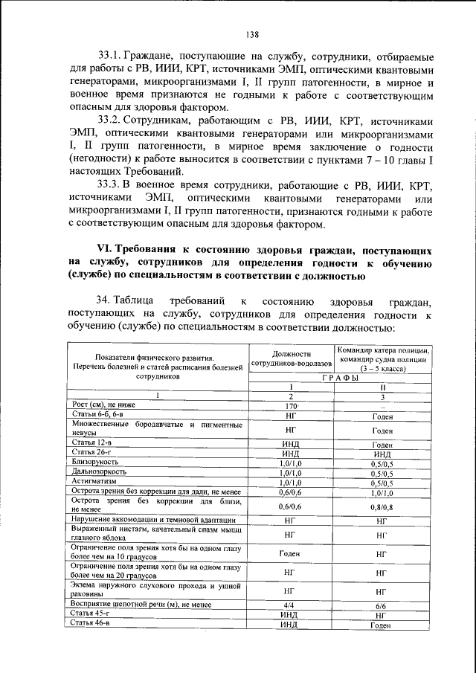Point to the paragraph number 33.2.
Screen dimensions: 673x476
(110, 120)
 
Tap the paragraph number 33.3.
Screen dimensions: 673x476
(110, 184)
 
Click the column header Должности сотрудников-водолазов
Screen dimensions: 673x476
(291, 359)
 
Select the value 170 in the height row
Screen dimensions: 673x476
(290, 407)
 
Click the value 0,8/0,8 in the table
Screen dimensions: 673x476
(382, 506)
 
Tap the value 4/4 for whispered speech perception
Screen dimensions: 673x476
(290, 605)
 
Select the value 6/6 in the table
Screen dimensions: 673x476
(382, 605)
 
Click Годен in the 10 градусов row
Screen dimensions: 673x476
(290, 554)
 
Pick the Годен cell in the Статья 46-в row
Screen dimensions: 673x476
(382, 625)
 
